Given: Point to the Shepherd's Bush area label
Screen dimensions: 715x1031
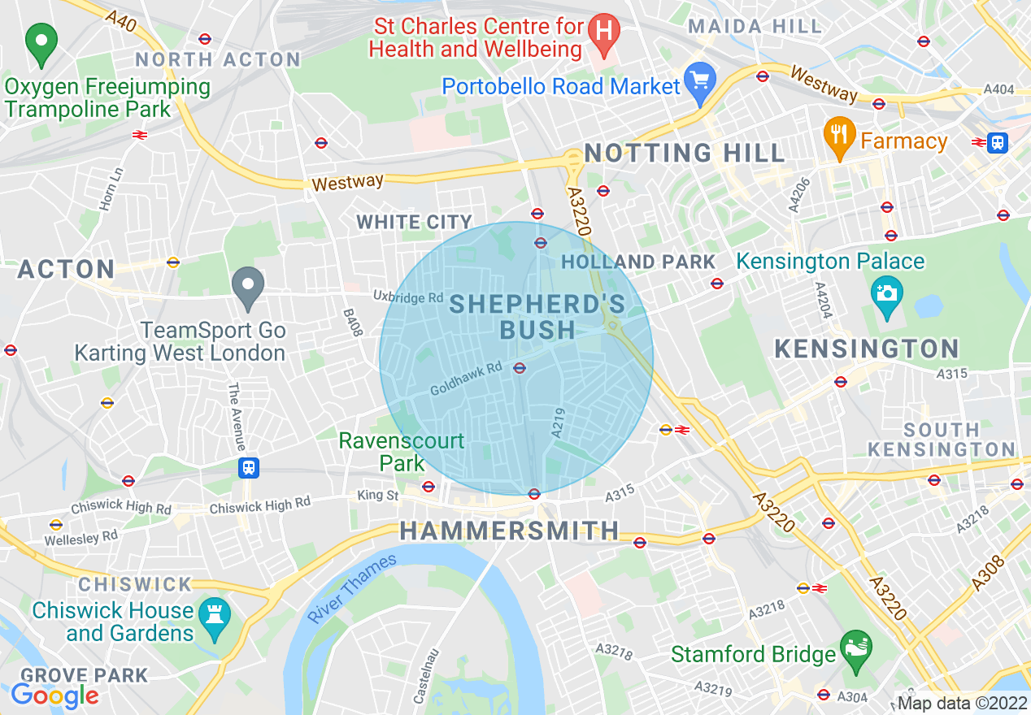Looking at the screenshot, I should click(x=537, y=317).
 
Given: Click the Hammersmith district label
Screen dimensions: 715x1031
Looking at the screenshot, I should click(x=509, y=531).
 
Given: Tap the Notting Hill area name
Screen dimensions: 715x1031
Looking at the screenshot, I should click(x=685, y=153).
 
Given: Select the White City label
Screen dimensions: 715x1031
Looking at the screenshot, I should click(x=414, y=222).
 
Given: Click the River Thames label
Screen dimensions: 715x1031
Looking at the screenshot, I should click(x=351, y=588).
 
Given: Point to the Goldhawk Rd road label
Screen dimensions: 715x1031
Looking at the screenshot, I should click(x=466, y=379).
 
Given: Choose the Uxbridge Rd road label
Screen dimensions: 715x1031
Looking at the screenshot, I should click(x=408, y=297).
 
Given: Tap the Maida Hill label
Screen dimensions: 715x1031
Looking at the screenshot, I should click(x=755, y=27).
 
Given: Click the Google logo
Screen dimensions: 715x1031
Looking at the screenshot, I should click(x=54, y=695).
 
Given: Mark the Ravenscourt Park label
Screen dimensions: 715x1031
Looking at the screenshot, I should click(x=402, y=452).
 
